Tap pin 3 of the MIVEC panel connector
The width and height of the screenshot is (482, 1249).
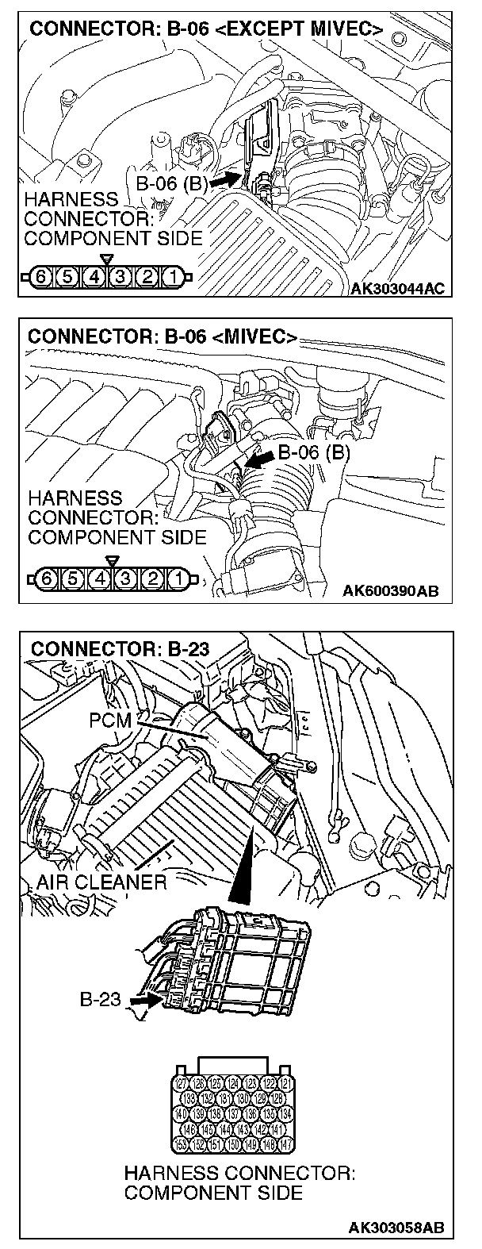(x=126, y=577)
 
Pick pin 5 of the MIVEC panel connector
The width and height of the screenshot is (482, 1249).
(x=75, y=577)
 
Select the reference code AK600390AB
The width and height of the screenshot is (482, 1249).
(x=392, y=591)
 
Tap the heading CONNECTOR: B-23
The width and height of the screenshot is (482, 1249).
(x=120, y=648)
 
